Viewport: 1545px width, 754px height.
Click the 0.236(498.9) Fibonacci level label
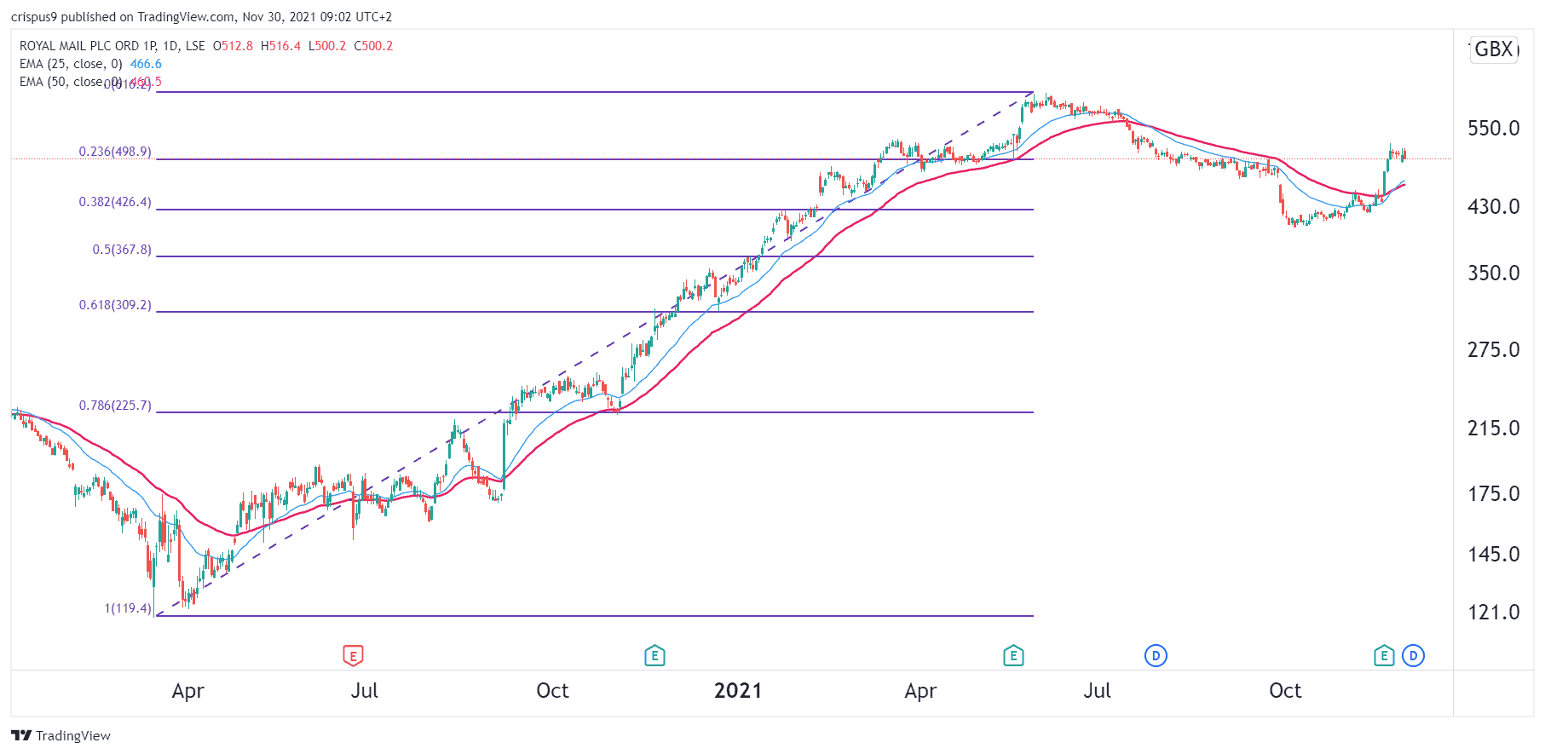click(x=115, y=152)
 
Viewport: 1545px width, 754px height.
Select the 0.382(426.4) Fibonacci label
click(x=115, y=202)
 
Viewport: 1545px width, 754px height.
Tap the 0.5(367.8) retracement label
click(x=122, y=250)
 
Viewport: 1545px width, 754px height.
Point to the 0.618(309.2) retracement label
click(x=115, y=305)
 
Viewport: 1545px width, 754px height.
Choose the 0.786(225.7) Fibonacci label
click(x=115, y=406)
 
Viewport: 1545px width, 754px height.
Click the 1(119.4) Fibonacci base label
click(x=128, y=608)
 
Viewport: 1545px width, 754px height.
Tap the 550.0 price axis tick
click(x=1493, y=129)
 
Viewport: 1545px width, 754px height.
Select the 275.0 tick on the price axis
click(x=1493, y=350)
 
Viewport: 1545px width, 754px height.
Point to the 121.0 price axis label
click(x=1493, y=613)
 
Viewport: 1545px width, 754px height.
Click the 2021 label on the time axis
click(x=738, y=691)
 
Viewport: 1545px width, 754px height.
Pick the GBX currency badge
click(x=1494, y=49)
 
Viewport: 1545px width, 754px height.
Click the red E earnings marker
click(x=353, y=655)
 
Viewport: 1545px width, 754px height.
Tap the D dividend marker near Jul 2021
click(x=1156, y=655)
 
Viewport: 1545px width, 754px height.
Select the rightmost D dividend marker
click(x=1413, y=655)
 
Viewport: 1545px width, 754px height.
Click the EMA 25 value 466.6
click(x=146, y=64)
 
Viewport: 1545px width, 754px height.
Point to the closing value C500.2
click(x=373, y=46)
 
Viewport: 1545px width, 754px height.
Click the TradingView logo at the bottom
click(x=61, y=735)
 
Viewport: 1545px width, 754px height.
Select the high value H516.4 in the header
click(x=280, y=46)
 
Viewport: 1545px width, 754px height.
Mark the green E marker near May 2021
click(x=1013, y=655)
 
